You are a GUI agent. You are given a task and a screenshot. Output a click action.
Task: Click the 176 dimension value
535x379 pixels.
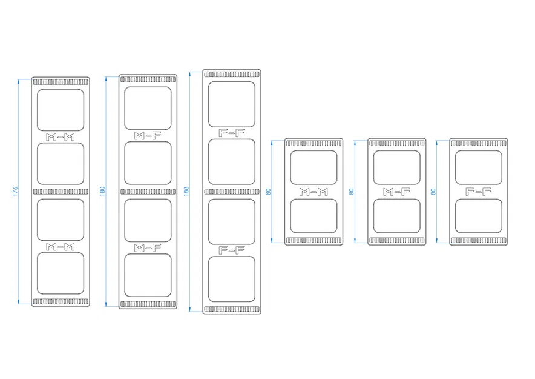point(15,191)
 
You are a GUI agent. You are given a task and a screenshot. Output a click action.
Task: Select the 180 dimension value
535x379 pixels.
point(102,191)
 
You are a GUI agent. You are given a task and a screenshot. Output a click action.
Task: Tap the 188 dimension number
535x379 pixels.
point(186,191)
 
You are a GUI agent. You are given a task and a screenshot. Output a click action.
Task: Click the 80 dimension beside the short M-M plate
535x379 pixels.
point(268,192)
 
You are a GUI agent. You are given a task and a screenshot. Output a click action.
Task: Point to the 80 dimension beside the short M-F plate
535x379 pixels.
point(352,192)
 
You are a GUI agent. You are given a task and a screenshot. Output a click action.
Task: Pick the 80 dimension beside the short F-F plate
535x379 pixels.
point(433,192)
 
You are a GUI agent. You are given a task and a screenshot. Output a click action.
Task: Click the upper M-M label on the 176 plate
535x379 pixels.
point(61,137)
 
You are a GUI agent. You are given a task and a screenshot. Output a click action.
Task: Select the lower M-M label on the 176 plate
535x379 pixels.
point(61,246)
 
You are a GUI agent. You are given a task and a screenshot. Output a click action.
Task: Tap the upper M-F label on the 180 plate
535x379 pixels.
point(148,136)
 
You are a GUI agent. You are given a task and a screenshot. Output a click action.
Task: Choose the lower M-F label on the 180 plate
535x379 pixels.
point(148,248)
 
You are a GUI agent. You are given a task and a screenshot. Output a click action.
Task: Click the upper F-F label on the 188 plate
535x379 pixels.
point(232,133)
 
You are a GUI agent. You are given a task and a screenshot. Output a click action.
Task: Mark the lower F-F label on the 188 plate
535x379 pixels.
point(232,250)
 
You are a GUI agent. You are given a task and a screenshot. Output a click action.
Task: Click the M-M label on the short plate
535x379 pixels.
point(313,192)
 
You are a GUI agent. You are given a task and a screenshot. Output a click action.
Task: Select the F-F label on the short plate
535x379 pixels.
point(478,192)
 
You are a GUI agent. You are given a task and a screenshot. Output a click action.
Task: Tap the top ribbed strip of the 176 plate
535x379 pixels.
point(61,82)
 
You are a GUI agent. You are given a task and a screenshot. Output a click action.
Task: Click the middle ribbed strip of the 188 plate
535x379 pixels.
point(232,192)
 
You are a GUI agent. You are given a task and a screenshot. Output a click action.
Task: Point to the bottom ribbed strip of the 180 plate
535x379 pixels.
point(148,304)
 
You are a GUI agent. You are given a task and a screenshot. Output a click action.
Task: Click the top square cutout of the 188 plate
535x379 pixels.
point(232,104)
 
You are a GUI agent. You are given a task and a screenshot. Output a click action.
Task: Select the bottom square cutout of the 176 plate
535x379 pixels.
point(61,273)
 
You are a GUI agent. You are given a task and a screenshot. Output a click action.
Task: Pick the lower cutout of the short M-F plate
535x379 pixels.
point(397,216)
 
